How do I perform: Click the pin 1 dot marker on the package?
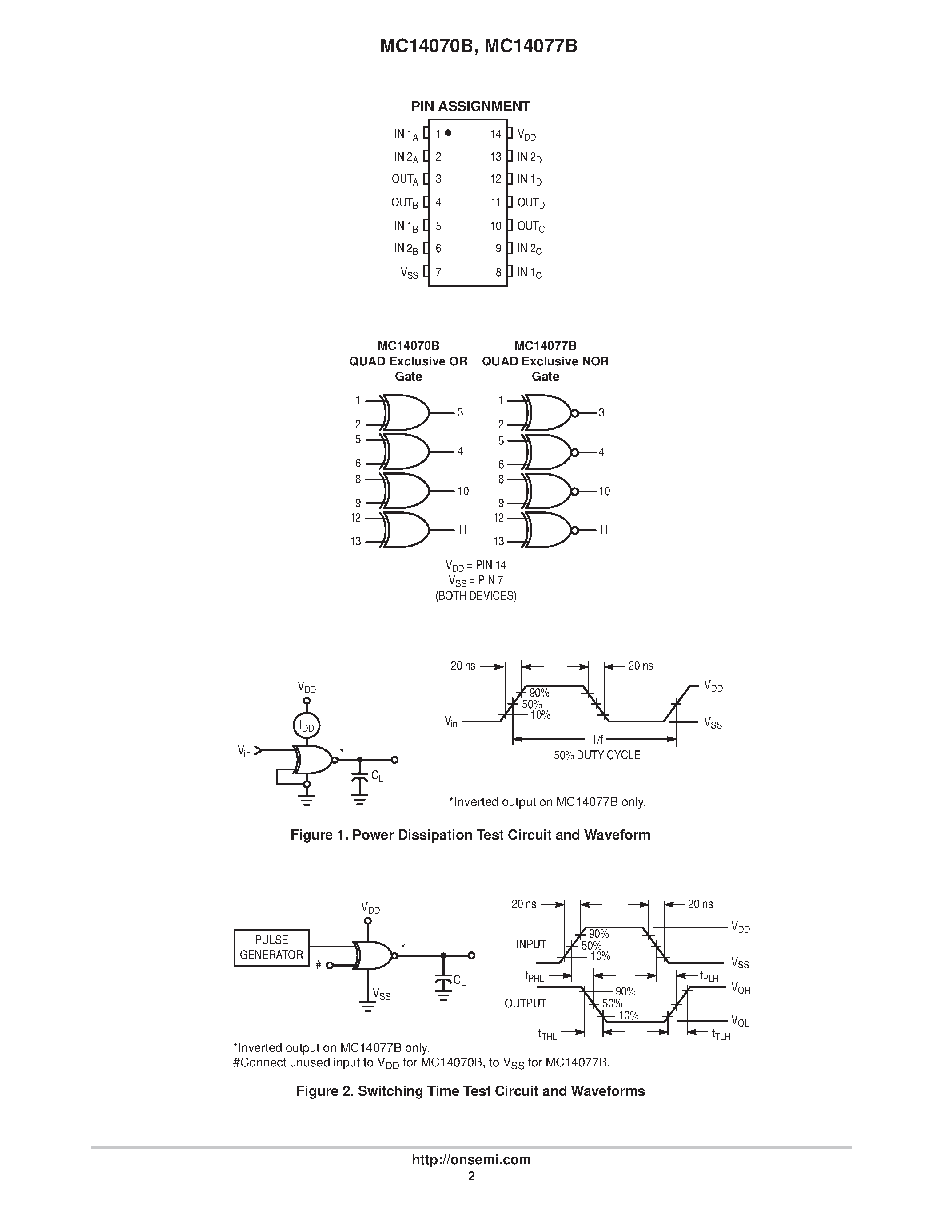point(448,133)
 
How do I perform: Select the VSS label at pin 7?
point(409,273)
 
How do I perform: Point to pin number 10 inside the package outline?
point(495,226)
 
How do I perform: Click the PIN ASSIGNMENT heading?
point(470,106)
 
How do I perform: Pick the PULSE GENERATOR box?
point(271,947)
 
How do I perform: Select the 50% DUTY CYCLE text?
point(597,755)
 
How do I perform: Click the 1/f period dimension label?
point(597,739)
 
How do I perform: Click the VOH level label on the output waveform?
point(741,988)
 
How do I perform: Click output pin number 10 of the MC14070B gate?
point(463,491)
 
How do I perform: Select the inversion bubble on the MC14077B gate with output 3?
point(574,413)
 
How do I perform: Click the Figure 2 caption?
point(470,1091)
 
